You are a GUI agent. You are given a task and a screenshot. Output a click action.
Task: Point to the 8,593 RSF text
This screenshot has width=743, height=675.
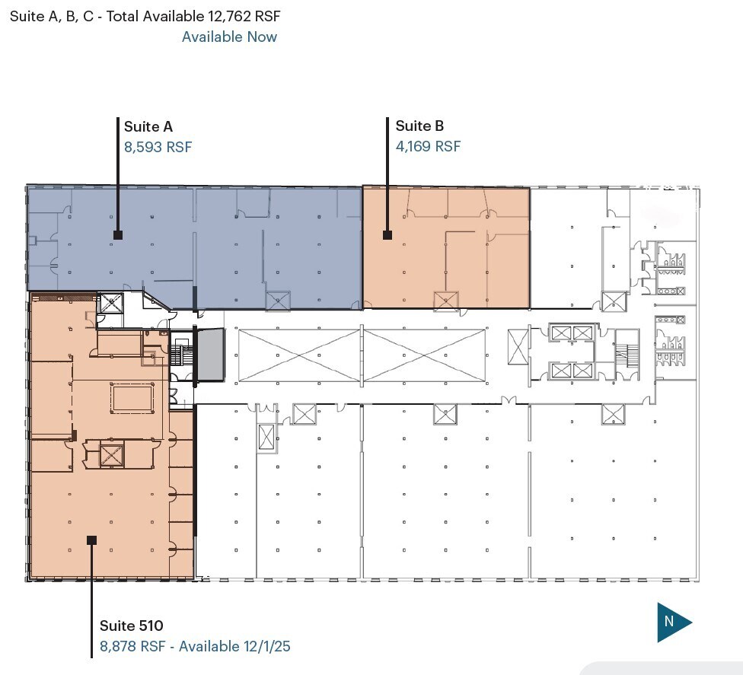[158, 147]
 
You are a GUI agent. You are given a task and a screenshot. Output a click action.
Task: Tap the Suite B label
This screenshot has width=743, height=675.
[419, 127]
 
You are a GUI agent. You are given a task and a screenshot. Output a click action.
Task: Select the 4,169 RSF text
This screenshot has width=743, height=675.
[428, 147]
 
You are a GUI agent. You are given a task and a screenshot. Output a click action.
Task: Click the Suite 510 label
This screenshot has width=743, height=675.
[132, 626]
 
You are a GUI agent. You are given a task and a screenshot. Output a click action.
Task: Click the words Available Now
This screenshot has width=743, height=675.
[229, 37]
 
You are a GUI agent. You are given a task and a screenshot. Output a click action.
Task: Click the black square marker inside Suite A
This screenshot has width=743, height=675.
[118, 235]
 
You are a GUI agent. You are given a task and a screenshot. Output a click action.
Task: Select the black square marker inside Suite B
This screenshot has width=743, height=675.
[387, 235]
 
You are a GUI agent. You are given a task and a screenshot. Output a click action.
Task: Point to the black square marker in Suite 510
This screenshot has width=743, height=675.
[91, 540]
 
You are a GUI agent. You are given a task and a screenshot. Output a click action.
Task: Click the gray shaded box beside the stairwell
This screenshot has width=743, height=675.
[211, 355]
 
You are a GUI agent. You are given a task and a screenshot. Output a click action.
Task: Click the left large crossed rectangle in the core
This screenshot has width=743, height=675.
[298, 355]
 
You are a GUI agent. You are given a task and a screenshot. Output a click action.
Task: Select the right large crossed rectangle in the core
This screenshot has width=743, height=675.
[424, 355]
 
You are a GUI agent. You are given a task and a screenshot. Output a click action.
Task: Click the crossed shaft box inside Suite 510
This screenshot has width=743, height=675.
[111, 455]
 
